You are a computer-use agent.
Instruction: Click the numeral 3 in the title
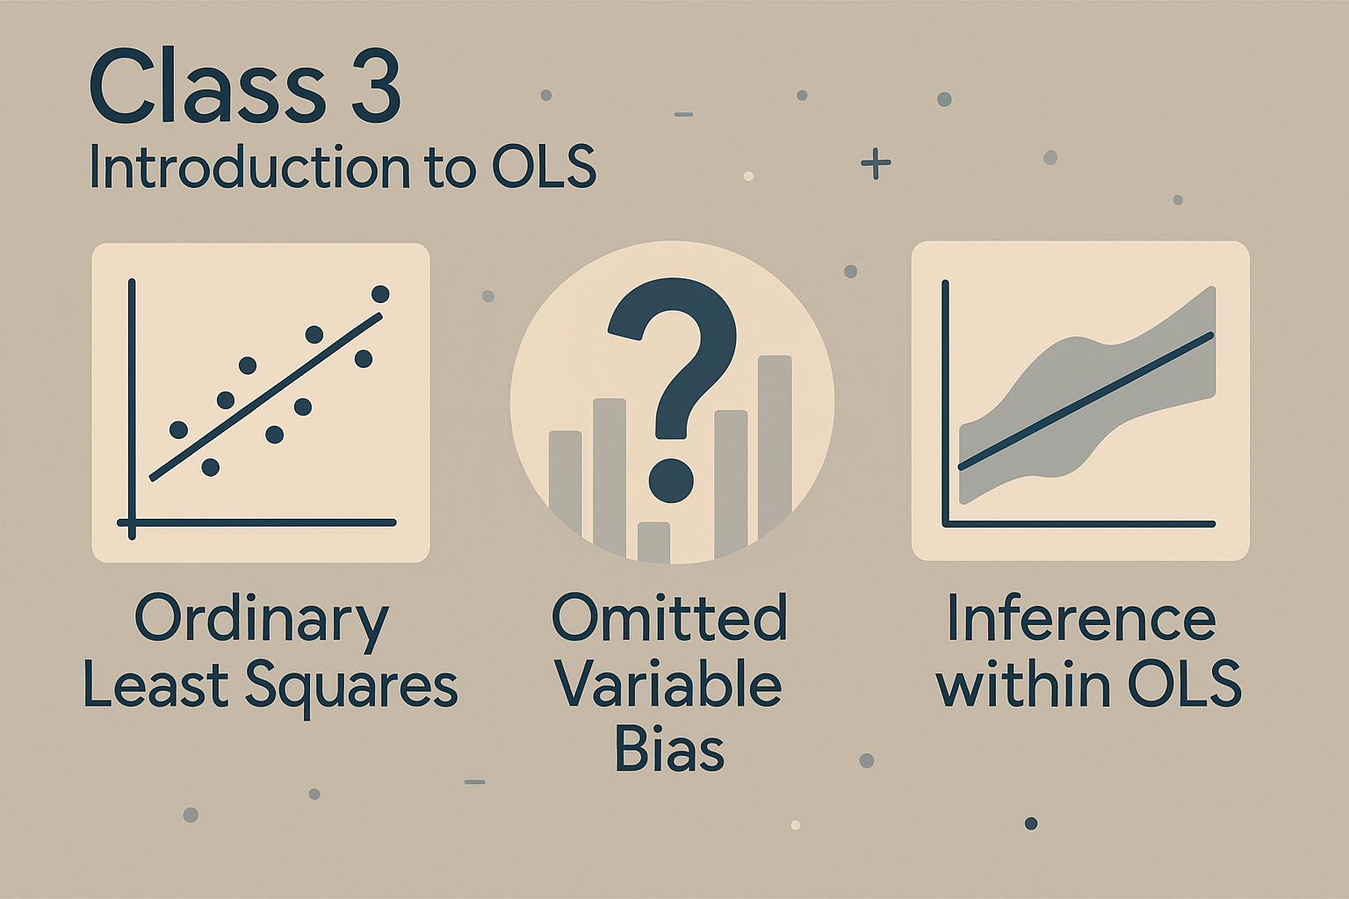click(375, 88)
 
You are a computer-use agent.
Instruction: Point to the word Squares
click(351, 688)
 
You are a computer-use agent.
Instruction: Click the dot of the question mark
click(672, 480)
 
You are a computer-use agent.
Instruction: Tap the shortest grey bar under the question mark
click(653, 543)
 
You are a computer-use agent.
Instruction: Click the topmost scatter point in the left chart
click(380, 294)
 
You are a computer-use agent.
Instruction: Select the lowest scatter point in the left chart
click(210, 467)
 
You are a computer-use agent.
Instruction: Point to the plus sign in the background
click(876, 162)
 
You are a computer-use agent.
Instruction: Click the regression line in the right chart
click(1086, 400)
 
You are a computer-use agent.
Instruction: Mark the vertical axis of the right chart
click(946, 403)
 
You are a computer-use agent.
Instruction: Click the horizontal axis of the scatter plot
click(257, 522)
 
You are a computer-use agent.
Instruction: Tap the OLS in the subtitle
click(544, 167)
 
